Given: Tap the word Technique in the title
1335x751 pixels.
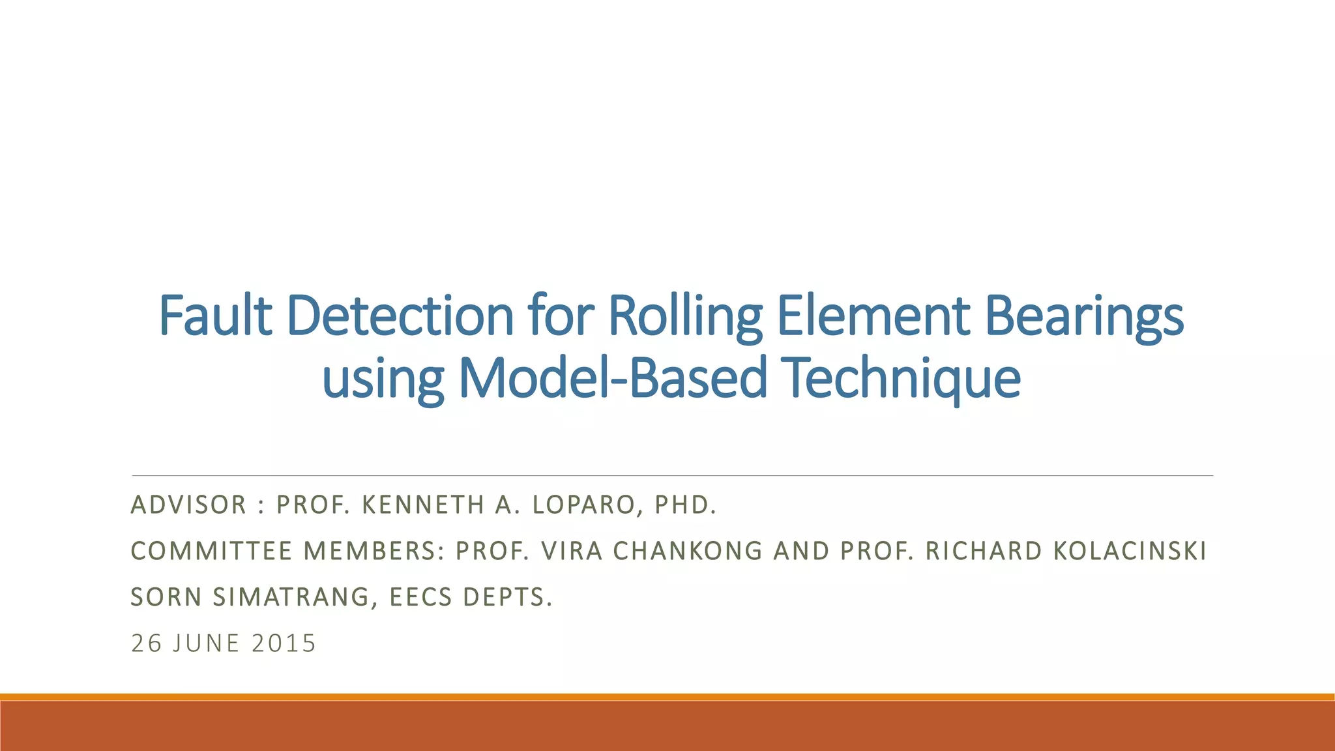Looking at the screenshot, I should (902, 378).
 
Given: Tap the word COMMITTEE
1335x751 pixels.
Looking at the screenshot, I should (211, 552).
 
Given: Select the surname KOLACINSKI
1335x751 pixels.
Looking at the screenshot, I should (1130, 552).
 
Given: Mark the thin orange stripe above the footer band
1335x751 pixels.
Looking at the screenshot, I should (667, 697).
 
